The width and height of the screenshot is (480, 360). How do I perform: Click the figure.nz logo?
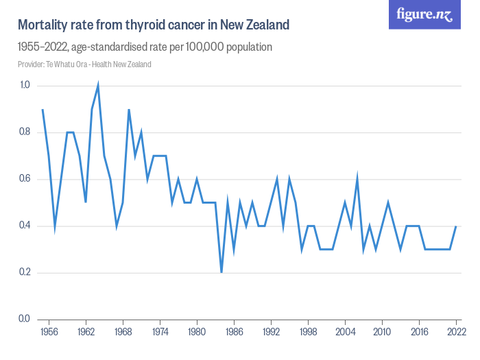pyautogui.click(x=424, y=15)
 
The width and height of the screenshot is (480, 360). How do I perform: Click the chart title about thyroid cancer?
pyautogui.click(x=153, y=25)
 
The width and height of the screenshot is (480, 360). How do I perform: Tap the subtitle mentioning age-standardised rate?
pyautogui.click(x=145, y=47)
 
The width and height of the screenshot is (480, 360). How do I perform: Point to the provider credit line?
pyautogui.click(x=84, y=64)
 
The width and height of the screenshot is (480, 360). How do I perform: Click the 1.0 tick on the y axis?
pyautogui.click(x=25, y=86)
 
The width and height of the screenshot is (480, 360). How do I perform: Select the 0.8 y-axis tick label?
pyautogui.click(x=25, y=132)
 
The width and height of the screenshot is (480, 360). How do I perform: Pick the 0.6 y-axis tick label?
pyautogui.click(x=25, y=179)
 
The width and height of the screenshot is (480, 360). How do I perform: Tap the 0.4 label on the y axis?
pyautogui.click(x=25, y=226)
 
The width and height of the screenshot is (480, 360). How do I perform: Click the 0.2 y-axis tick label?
pyautogui.click(x=25, y=272)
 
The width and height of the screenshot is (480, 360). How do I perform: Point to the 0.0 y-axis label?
pyautogui.click(x=25, y=319)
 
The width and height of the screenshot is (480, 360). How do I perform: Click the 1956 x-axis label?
pyautogui.click(x=49, y=332)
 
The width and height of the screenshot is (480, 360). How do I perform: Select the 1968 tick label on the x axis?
pyautogui.click(x=123, y=332)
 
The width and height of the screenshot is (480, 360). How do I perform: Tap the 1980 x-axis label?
pyautogui.click(x=197, y=332)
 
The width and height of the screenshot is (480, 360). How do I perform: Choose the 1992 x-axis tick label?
pyautogui.click(x=271, y=332)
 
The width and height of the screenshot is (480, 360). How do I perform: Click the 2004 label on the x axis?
pyautogui.click(x=345, y=332)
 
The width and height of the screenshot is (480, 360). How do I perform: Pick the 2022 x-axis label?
pyautogui.click(x=456, y=332)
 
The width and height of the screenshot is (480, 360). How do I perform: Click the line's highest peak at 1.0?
pyautogui.click(x=98, y=86)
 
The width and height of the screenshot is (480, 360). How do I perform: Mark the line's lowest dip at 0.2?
pyautogui.click(x=221, y=272)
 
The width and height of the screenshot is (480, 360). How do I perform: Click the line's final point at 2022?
pyautogui.click(x=456, y=226)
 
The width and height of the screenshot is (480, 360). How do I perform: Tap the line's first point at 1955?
pyautogui.click(x=43, y=110)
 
